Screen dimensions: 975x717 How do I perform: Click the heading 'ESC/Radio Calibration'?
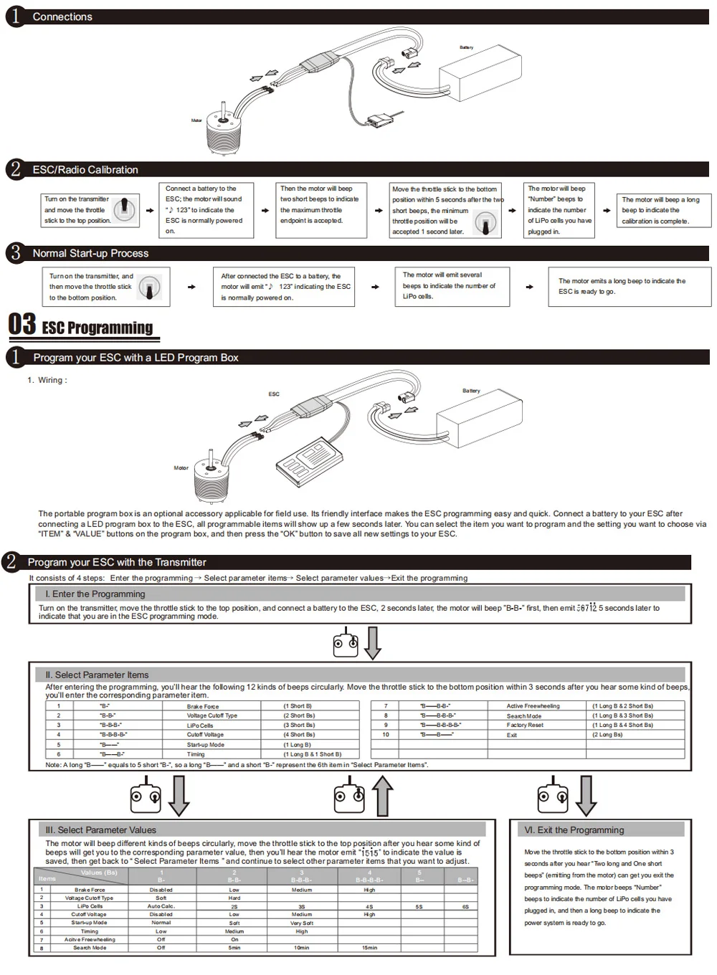[x=85, y=170]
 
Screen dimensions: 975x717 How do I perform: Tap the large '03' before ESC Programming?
[x=22, y=324]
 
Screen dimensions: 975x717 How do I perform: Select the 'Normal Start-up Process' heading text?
[x=90, y=253]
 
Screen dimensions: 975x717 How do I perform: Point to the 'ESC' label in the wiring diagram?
[x=274, y=394]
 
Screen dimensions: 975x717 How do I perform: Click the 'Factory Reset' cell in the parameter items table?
[x=525, y=725]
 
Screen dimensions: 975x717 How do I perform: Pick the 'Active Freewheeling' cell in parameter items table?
[x=533, y=706]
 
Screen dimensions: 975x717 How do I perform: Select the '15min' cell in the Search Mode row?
[x=369, y=948]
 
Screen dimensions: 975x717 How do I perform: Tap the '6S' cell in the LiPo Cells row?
[x=465, y=906]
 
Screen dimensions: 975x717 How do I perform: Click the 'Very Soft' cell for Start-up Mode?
[x=302, y=923]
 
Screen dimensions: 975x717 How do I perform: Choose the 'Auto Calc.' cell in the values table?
[x=161, y=906]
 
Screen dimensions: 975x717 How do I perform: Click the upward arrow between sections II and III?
[x=383, y=797]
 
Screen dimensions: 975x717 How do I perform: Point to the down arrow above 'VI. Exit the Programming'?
[x=586, y=795]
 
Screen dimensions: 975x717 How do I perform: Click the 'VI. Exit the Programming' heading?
[x=574, y=829]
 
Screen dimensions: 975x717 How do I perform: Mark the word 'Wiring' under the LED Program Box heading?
[x=51, y=380]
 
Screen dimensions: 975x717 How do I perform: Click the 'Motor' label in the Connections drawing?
[x=196, y=120]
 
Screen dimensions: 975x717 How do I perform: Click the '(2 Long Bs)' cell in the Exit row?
[x=607, y=735]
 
